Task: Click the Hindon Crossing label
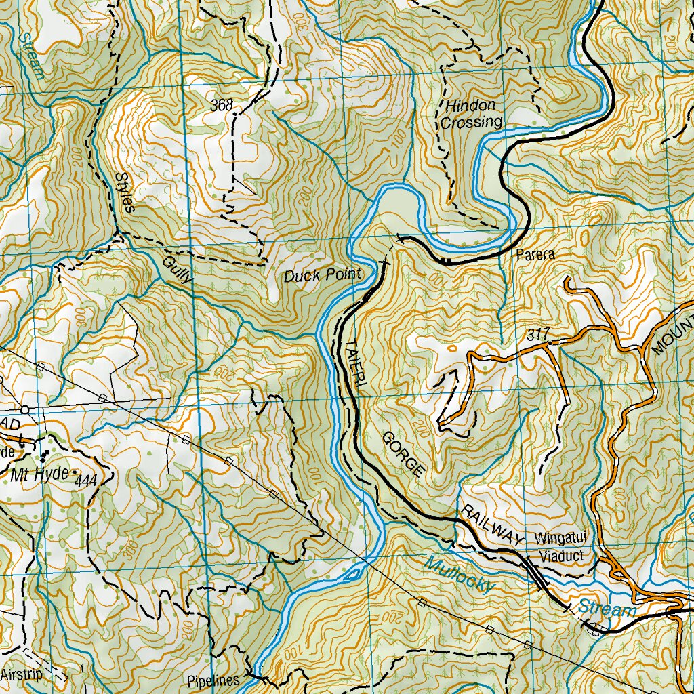pos(471,114)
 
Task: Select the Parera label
pos(535,255)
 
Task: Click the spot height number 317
pos(535,335)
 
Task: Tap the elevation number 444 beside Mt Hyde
pos(87,481)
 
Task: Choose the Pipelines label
pos(213,680)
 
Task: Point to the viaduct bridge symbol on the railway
pos(539,573)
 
